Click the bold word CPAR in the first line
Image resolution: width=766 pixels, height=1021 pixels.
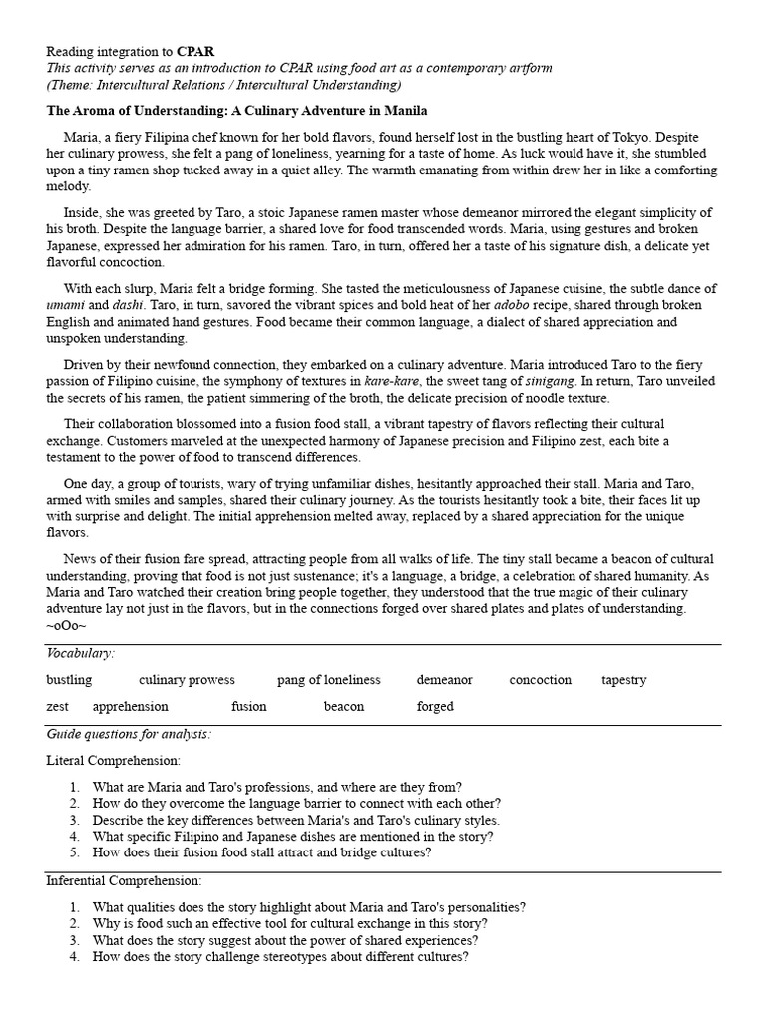point(196,50)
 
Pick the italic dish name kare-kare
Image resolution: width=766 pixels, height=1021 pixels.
point(391,382)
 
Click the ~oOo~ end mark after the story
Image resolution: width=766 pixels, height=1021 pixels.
point(66,625)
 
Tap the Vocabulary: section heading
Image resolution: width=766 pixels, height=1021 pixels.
point(80,653)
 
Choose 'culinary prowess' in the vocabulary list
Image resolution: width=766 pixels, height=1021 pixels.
point(187,680)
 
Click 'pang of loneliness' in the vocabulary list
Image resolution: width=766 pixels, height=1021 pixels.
point(329,680)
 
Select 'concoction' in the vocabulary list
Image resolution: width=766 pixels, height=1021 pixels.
point(540,680)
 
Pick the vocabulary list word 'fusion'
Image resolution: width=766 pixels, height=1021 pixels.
point(249,707)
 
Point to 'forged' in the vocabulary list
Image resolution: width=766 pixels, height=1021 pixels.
point(435,707)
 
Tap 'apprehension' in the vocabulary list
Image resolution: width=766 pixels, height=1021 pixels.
point(131,707)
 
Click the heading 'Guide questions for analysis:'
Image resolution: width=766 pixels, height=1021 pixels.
point(129,735)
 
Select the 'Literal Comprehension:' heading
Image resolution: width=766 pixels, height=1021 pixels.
point(113,761)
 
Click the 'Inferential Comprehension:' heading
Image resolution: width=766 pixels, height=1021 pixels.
point(124,881)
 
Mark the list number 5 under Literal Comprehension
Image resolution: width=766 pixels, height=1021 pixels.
point(74,853)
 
